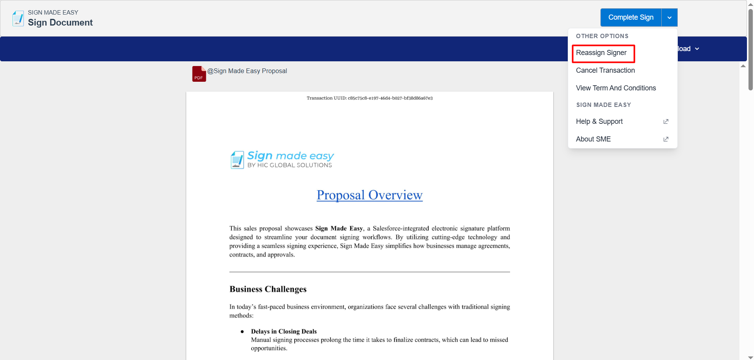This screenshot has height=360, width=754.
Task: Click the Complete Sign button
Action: [x=631, y=17]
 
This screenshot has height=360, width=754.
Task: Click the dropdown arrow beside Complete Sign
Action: [x=670, y=17]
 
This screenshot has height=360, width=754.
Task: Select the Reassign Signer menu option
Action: [x=601, y=53]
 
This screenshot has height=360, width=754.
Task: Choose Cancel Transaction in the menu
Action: [x=605, y=70]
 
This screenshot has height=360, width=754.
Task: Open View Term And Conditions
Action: [x=616, y=88]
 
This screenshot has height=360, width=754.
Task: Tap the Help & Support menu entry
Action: [x=599, y=121]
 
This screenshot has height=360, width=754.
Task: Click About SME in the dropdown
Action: [x=593, y=139]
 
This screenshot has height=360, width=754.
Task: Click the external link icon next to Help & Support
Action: [x=666, y=121]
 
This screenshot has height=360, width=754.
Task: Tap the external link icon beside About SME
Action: [x=666, y=139]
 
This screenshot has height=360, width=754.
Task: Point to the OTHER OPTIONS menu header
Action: [x=602, y=36]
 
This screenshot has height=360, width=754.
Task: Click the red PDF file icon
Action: [x=199, y=74]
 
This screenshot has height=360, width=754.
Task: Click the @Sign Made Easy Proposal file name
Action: [x=247, y=71]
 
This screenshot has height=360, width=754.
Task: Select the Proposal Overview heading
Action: [x=369, y=195]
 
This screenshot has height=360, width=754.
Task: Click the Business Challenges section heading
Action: [x=268, y=289]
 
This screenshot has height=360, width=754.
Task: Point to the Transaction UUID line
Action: [x=369, y=98]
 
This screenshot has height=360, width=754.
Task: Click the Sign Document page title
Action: [x=60, y=23]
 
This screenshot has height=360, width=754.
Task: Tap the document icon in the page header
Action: [x=18, y=18]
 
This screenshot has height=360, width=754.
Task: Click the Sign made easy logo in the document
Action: [x=282, y=160]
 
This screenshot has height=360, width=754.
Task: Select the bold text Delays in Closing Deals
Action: [x=284, y=331]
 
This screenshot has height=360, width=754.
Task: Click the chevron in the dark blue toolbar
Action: [x=697, y=49]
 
